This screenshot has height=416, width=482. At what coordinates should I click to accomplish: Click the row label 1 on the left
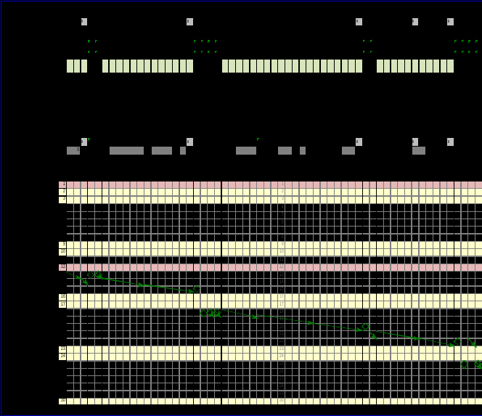point(62,184)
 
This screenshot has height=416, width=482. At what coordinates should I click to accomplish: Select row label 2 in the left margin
point(62,192)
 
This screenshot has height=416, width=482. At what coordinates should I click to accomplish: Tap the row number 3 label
point(62,199)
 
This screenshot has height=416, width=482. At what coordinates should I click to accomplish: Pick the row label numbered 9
point(62,245)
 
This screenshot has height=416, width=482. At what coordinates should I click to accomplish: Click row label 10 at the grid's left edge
point(62,252)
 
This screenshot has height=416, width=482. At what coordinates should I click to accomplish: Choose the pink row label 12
point(62,267)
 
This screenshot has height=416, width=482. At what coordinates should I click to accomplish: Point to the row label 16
point(62,297)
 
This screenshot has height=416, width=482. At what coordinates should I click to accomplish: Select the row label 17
point(62,304)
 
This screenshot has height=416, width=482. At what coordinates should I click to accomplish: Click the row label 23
point(62,349)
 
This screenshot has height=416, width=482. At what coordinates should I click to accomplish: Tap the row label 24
point(62,356)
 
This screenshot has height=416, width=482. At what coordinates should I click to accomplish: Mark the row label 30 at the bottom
point(62,401)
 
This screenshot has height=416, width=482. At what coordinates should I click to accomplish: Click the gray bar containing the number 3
point(73,150)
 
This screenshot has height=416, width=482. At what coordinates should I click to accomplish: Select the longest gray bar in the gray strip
point(126,150)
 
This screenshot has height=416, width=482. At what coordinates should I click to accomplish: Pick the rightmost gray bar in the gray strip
point(419,150)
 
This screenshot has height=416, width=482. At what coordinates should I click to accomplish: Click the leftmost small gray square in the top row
point(84,22)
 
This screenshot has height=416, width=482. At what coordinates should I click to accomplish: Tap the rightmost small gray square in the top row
point(450,22)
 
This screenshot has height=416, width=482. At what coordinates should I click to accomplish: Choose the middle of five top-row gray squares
point(359,22)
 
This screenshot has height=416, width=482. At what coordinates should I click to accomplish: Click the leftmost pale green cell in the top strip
point(70,66)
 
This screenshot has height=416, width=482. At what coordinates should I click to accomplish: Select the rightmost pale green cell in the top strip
point(450,66)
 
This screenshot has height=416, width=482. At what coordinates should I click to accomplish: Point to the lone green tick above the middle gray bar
point(258,139)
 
